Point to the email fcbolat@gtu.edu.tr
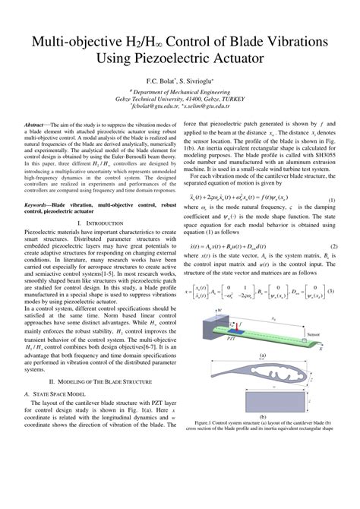pyautogui.click(x=153, y=108)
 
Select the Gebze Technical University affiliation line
pyautogui.click(x=179, y=98)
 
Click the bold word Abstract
pyautogui.click(x=38, y=124)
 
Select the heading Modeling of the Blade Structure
pyautogui.click(x=105, y=379)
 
